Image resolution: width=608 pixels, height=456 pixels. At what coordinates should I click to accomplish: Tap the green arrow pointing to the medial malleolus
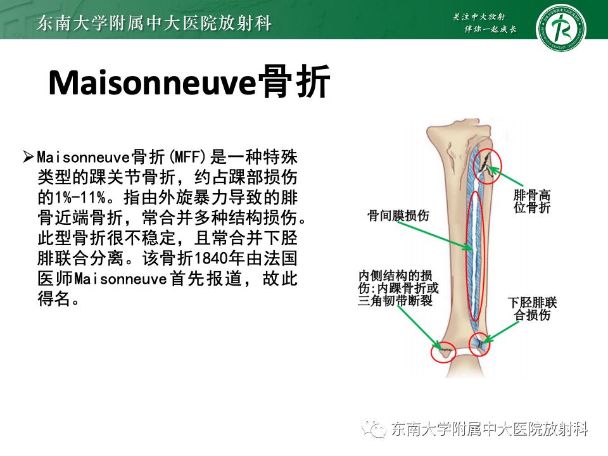pos(419,326)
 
